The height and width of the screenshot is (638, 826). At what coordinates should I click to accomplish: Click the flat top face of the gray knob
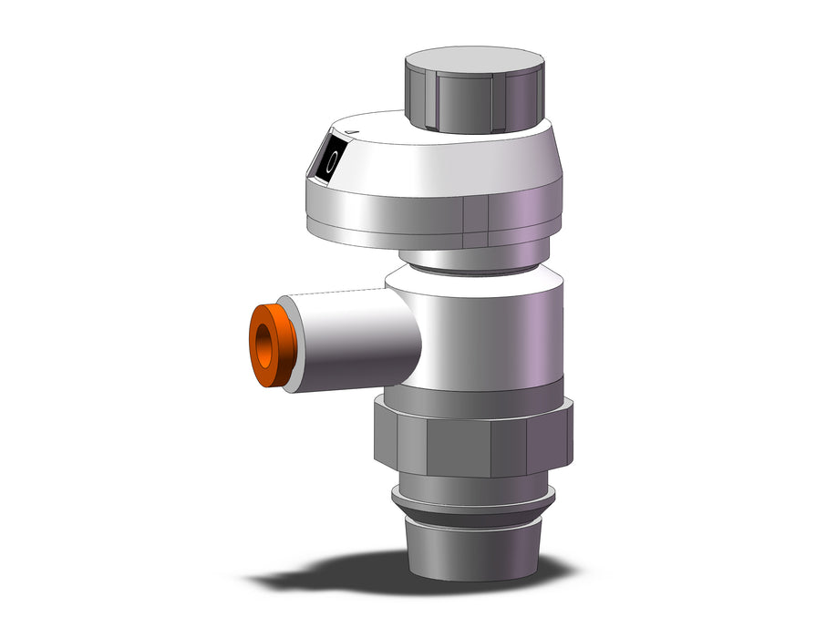coord(475,59)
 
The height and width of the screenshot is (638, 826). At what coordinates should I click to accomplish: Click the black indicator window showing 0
coord(330,159)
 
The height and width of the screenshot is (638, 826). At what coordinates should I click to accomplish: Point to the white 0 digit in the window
coord(331,160)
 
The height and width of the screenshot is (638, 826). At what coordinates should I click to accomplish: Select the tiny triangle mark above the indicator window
coord(351,132)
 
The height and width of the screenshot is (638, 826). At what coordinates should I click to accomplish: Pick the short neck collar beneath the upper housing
coord(474,259)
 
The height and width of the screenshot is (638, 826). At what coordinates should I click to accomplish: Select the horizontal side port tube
coord(353,343)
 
